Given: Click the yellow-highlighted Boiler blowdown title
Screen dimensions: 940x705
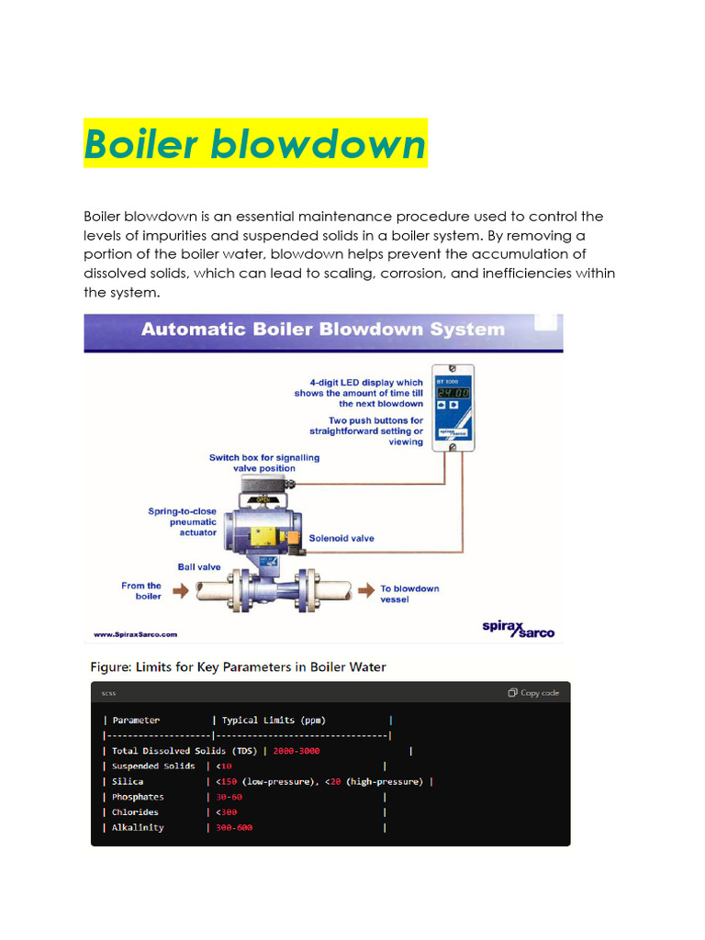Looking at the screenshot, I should (255, 144).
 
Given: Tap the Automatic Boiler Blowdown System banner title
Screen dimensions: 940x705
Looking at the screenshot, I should (322, 330).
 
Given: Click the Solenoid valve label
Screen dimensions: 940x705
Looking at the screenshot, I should (341, 538).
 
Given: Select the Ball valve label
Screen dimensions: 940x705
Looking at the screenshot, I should (199, 567).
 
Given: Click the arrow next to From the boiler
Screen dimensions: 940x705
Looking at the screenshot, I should (180, 590).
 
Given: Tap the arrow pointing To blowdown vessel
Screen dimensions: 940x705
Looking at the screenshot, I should (364, 590).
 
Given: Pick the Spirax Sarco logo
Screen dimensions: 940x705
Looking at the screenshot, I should (518, 628).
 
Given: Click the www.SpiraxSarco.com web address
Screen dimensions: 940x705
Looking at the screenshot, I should (136, 633).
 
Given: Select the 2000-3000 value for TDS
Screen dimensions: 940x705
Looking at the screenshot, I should (296, 751).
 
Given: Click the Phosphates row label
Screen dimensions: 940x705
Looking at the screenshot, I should (138, 797).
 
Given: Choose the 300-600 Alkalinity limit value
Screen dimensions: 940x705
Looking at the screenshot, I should (234, 827).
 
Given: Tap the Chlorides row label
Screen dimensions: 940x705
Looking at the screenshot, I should (135, 812).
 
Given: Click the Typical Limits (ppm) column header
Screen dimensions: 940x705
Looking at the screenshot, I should (274, 721).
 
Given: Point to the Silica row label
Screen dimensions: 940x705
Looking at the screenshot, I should (128, 781).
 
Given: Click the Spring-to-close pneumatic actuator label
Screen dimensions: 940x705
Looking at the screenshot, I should (183, 521).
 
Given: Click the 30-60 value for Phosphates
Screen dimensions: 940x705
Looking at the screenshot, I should (229, 797).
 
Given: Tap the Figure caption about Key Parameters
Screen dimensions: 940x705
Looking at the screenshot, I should (237, 667).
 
